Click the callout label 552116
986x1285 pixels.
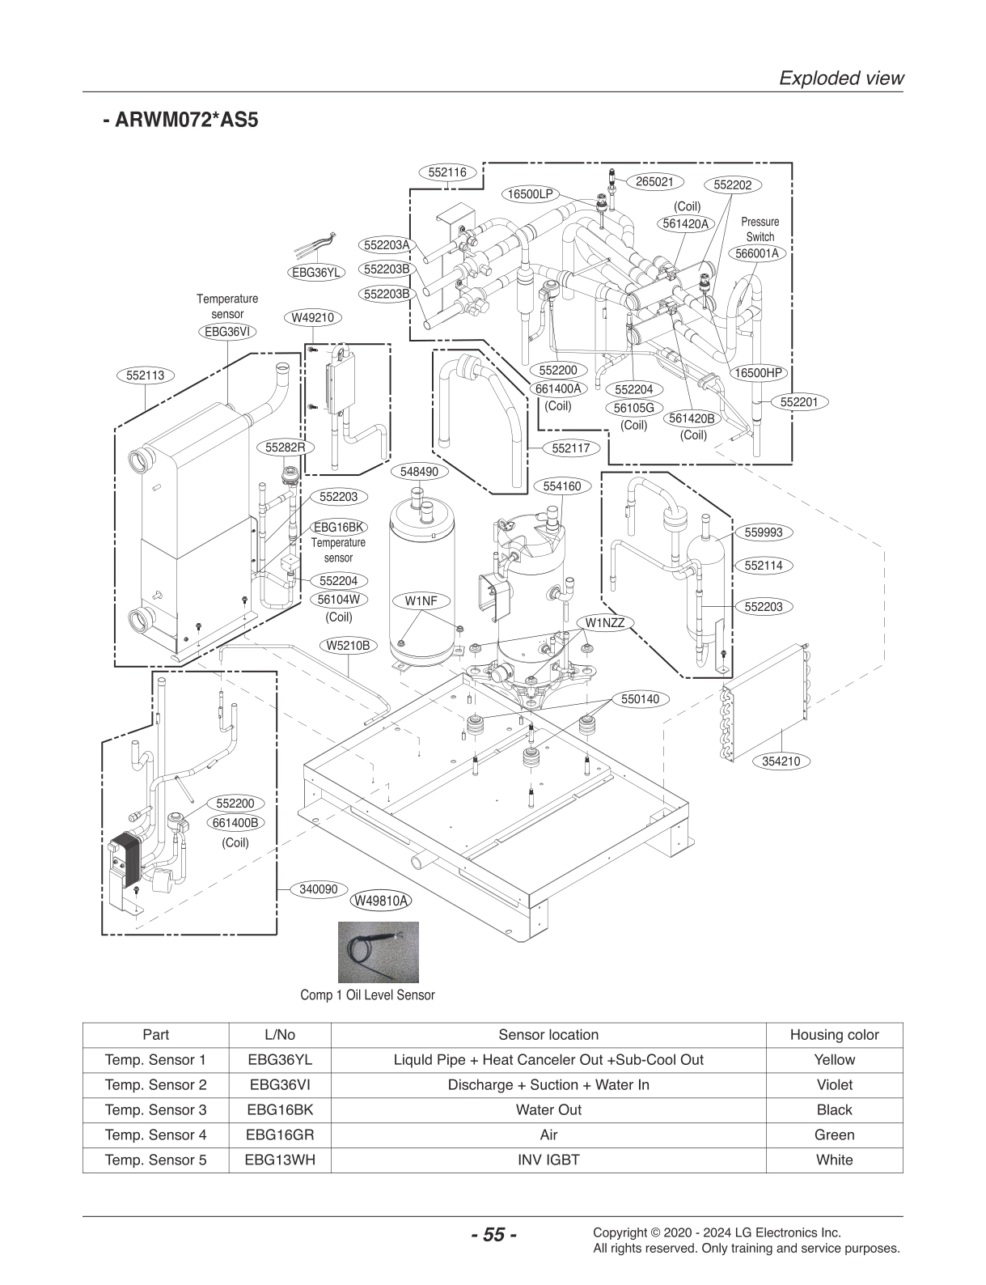tap(447, 172)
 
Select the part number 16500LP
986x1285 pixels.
tap(531, 194)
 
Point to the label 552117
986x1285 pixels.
tap(570, 447)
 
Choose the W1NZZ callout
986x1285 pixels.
tap(605, 622)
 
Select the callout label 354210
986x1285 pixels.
tap(781, 761)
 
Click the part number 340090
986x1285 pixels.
tap(318, 888)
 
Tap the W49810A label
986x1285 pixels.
tap(380, 901)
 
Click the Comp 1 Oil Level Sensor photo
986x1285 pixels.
tap(379, 952)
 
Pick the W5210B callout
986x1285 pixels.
tap(348, 645)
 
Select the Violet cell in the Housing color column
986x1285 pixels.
tap(834, 1084)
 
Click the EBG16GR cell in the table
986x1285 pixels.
tap(280, 1134)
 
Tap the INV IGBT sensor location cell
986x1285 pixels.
tap(548, 1160)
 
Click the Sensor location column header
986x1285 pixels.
tap(548, 1034)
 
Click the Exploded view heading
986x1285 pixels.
tap(840, 78)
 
